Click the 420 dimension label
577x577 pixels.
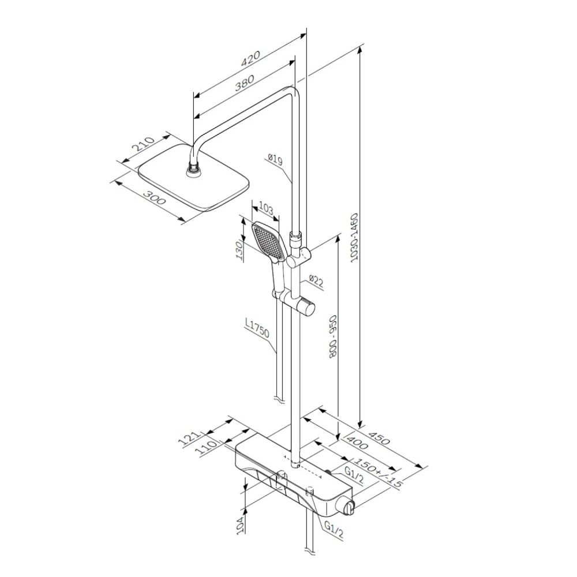click(x=250, y=58)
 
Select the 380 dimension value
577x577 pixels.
click(x=245, y=84)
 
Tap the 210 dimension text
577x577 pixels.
click(x=143, y=144)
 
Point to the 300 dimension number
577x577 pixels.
click(x=155, y=198)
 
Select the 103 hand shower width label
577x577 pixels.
click(x=266, y=208)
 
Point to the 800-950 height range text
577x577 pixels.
click(x=334, y=337)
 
